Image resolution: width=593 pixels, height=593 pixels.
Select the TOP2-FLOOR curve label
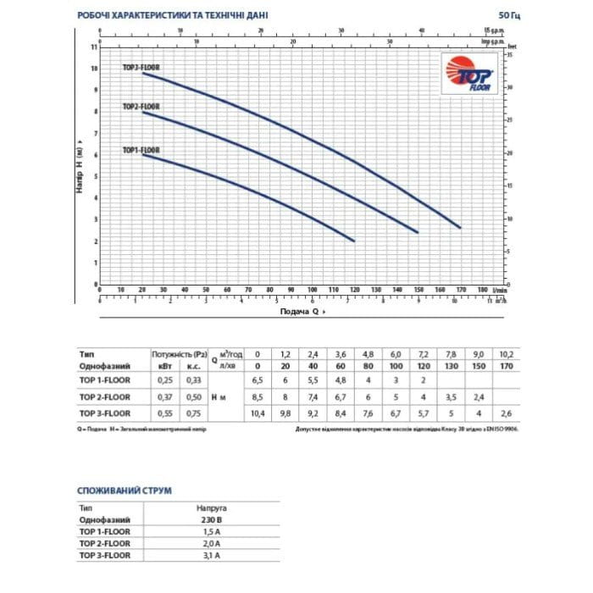[141, 107]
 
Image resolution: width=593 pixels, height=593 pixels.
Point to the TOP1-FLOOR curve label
[141, 150]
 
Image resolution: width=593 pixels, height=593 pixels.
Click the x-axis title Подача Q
[302, 312]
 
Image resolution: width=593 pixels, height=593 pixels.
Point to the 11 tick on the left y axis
[94, 46]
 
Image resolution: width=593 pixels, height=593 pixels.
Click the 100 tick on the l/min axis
[313, 290]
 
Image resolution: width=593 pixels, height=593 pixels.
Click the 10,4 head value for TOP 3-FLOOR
[258, 413]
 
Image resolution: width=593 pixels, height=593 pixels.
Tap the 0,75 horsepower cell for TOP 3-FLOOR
[192, 413]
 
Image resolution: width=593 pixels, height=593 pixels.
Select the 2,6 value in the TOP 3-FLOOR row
[507, 413]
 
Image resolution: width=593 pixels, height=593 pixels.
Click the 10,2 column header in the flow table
[507, 352]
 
